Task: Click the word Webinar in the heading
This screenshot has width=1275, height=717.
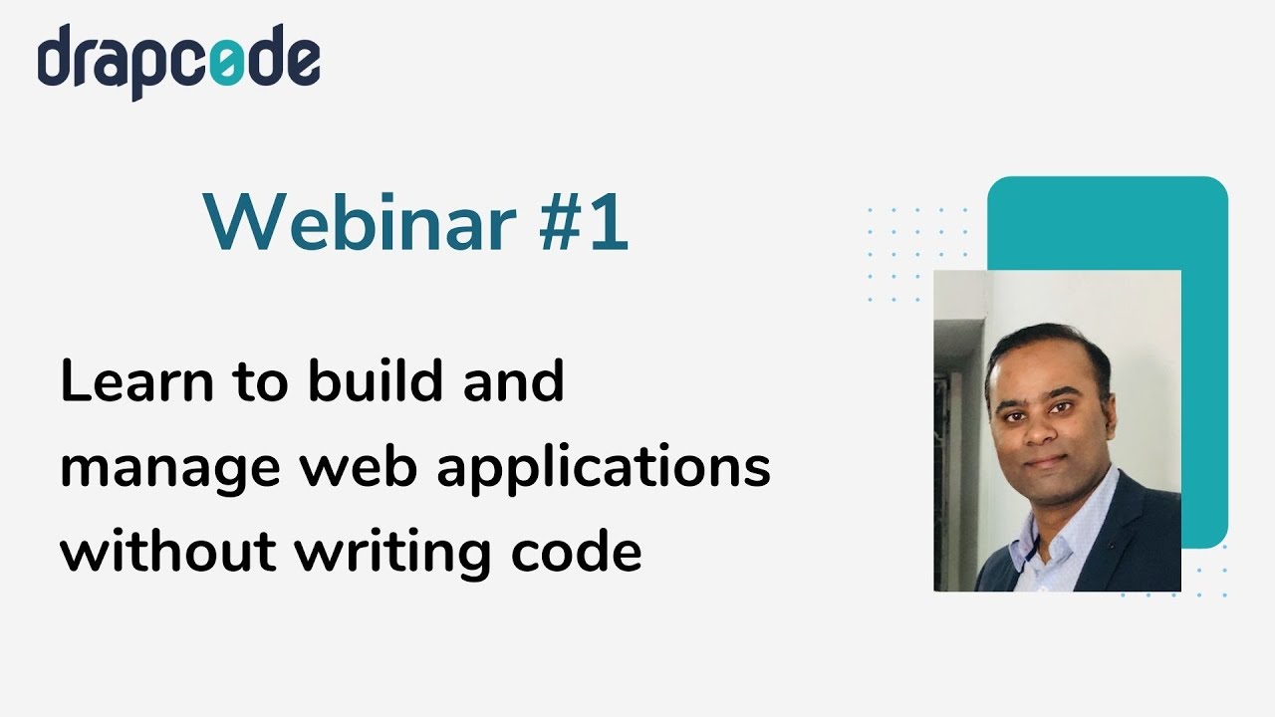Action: pyautogui.click(x=360, y=222)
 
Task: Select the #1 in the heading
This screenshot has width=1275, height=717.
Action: pyautogui.click(x=584, y=222)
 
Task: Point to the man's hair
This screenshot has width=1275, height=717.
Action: pyautogui.click(x=1046, y=344)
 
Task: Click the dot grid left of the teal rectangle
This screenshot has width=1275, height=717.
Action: pyautogui.click(x=916, y=254)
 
